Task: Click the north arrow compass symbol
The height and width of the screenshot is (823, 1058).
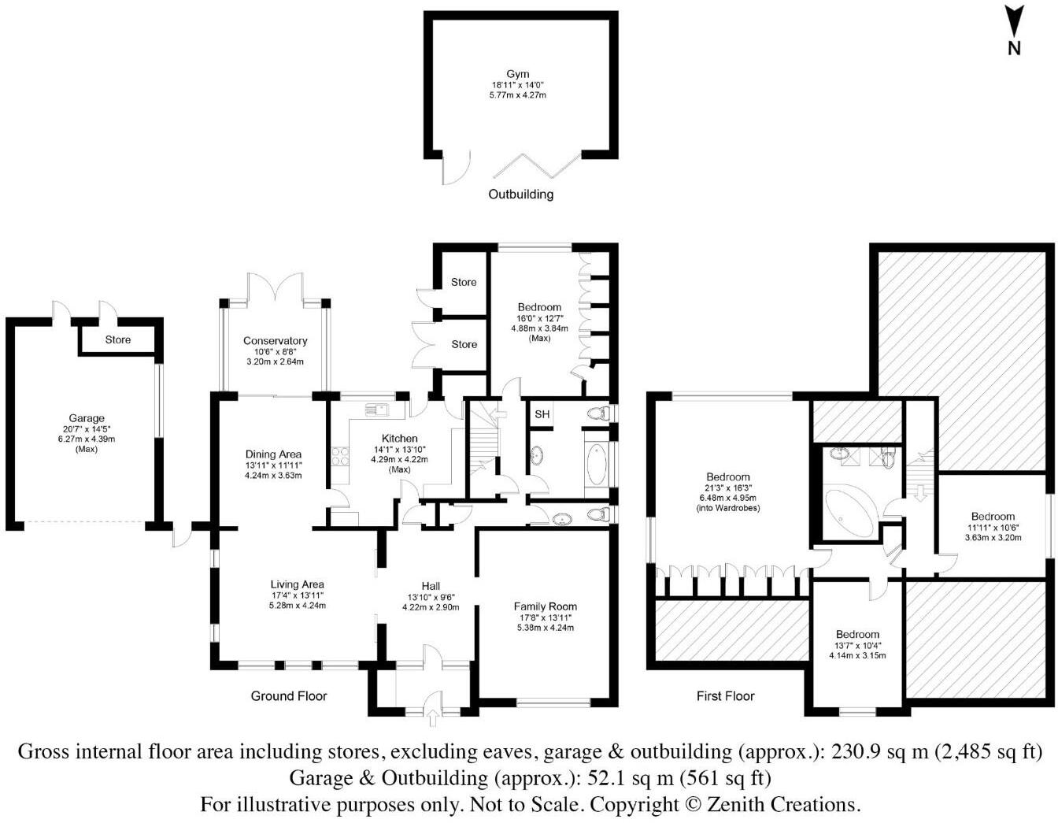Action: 1014,30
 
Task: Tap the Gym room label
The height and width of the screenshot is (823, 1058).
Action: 517,74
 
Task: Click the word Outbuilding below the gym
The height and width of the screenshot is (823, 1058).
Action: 520,195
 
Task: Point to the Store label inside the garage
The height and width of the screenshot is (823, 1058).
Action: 118,339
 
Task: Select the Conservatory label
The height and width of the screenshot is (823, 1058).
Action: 275,341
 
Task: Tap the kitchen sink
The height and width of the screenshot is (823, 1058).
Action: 375,409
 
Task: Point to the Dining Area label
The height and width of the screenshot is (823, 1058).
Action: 273,454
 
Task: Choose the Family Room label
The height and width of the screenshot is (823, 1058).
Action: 545,606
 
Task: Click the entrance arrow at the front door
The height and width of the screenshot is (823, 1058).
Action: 432,717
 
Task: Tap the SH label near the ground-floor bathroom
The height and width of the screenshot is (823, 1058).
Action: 542,414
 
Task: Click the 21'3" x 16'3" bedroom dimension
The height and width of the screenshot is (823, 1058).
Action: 727,487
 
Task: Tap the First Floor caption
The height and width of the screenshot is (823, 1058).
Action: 725,696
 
